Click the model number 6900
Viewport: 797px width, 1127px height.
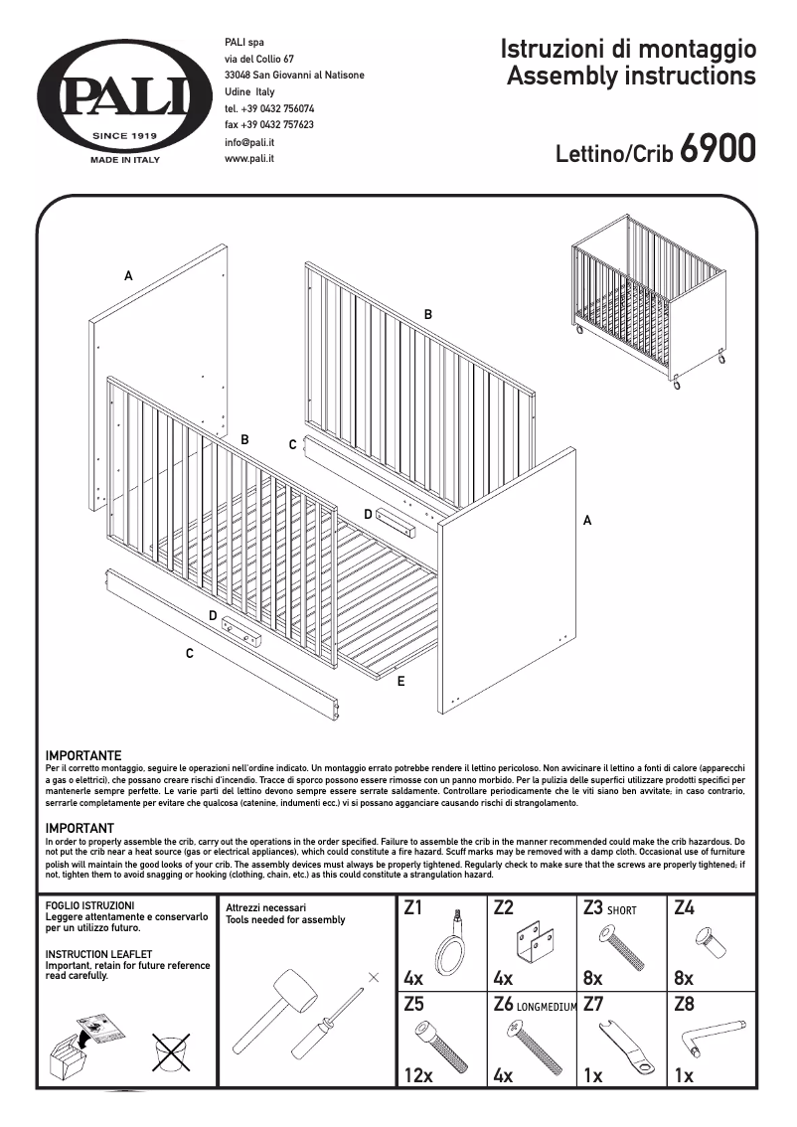718,150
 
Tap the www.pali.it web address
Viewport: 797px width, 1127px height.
249,158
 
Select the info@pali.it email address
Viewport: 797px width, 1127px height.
249,142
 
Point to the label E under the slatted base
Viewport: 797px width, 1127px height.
400,682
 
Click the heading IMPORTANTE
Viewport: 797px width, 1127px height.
83,756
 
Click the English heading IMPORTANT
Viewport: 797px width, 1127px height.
80,828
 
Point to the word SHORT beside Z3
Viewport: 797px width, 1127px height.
622,909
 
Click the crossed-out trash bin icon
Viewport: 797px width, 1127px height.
171,1052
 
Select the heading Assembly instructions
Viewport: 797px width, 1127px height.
631,76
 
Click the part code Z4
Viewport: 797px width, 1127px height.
684,907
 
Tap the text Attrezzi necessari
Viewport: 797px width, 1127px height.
266,907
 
